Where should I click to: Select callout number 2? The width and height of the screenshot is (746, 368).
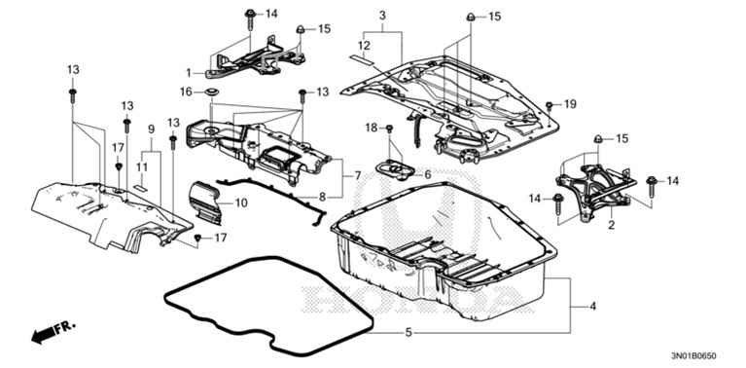pyautogui.click(x=612, y=226)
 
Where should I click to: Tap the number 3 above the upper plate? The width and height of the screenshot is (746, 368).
pyautogui.click(x=382, y=16)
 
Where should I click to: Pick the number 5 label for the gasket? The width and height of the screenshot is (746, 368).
pyautogui.click(x=409, y=333)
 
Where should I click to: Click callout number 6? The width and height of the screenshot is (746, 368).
pyautogui.click(x=426, y=174)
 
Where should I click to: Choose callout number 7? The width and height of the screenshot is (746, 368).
pyautogui.click(x=357, y=175)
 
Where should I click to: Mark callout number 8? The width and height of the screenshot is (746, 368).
pyautogui.click(x=322, y=197)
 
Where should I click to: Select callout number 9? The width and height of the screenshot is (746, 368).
pyautogui.click(x=151, y=130)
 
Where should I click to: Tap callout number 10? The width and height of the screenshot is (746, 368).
pyautogui.click(x=241, y=202)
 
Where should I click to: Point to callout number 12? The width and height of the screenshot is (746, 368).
pyautogui.click(x=363, y=46)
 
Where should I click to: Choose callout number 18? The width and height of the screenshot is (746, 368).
pyautogui.click(x=371, y=129)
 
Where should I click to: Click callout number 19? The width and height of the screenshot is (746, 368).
pyautogui.click(x=571, y=103)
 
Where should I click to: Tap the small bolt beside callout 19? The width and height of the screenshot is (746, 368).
pyautogui.click(x=550, y=104)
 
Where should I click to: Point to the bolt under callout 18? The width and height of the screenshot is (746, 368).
pyautogui.click(x=388, y=129)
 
